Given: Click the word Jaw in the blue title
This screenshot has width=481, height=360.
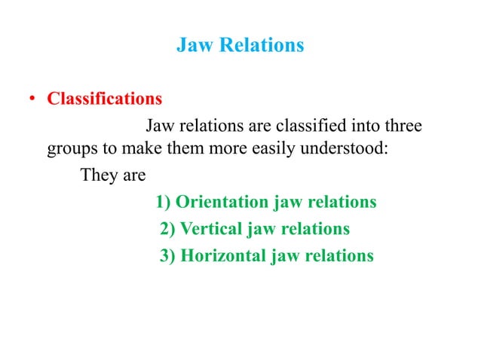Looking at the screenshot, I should click(x=192, y=45).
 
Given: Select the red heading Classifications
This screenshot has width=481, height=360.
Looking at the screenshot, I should click(x=105, y=99).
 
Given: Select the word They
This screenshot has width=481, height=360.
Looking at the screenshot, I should click(x=96, y=175).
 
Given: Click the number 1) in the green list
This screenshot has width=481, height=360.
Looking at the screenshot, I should click(x=164, y=203).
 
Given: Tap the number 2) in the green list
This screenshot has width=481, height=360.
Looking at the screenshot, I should click(x=168, y=228).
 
